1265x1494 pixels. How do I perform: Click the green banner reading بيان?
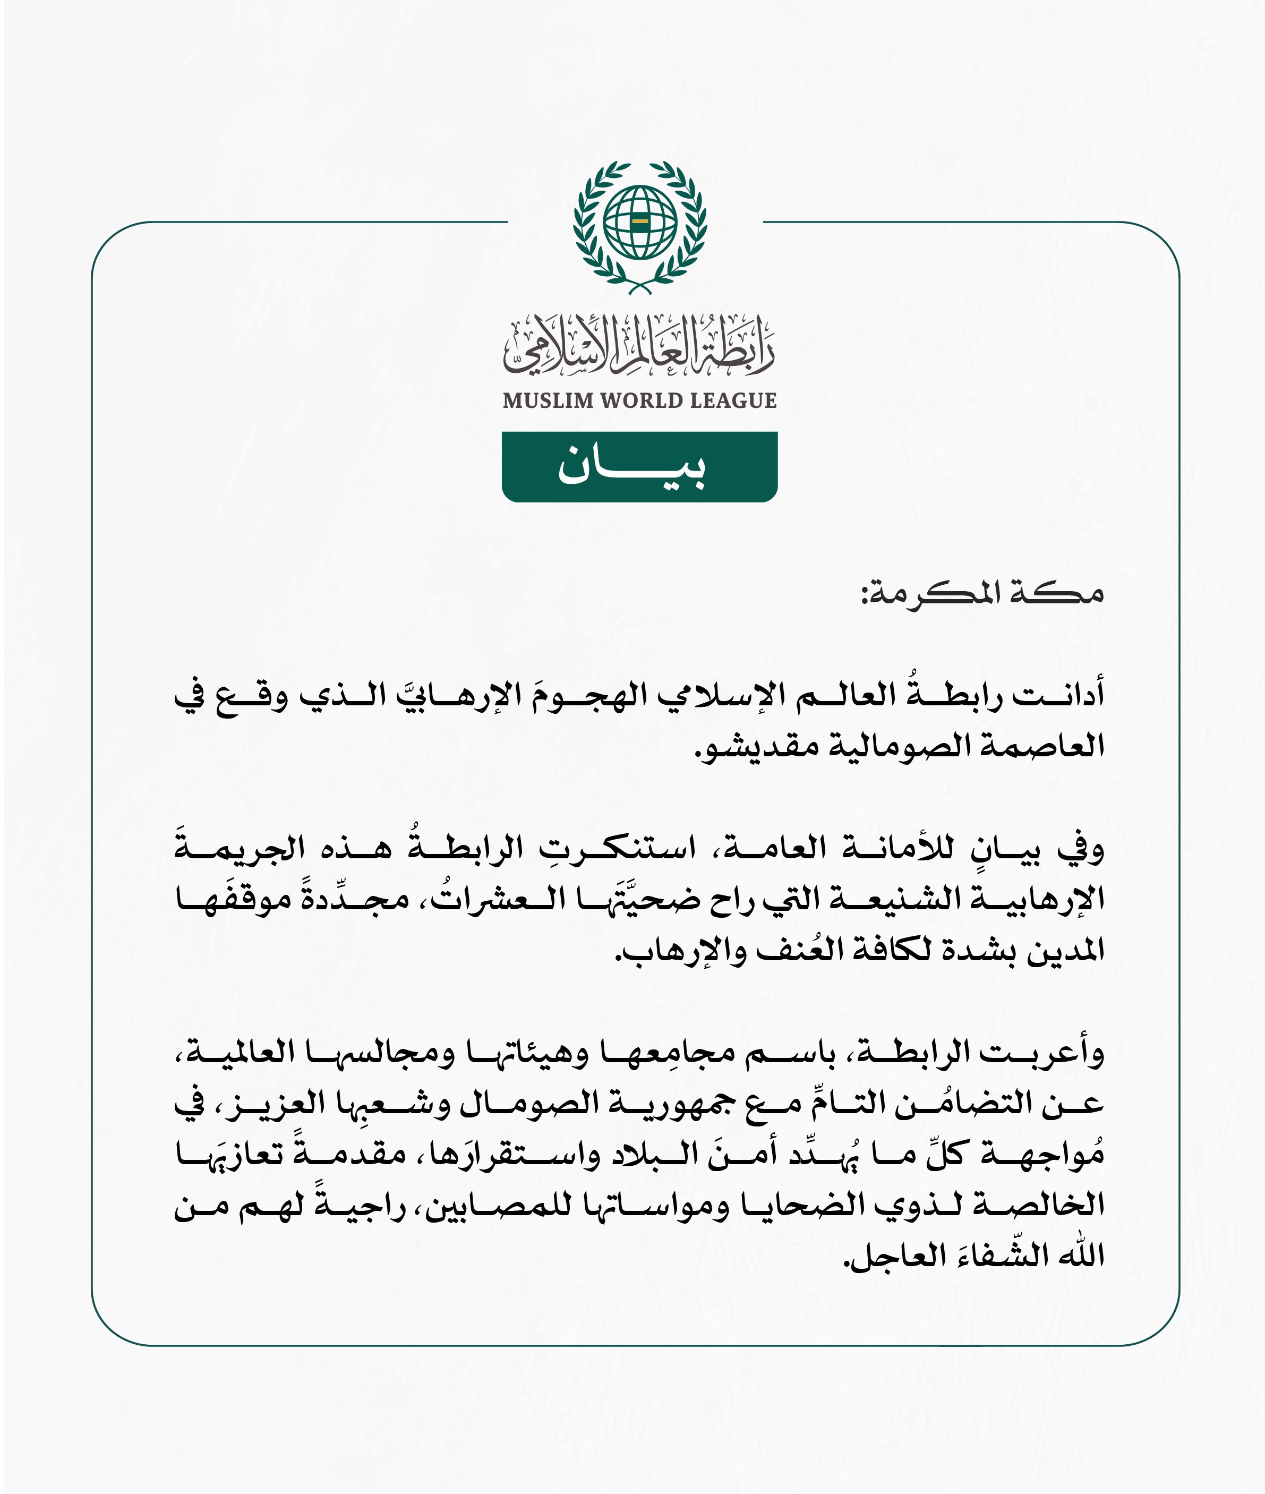(x=639, y=467)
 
